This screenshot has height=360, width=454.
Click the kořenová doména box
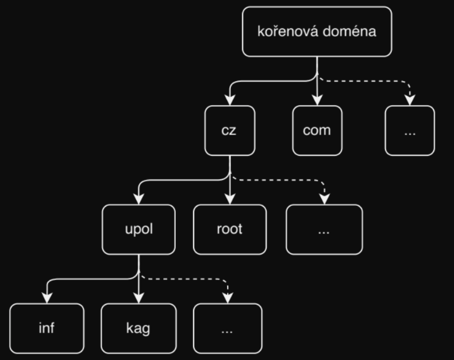317,32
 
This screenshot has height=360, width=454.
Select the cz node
229,130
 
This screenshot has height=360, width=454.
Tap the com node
317,130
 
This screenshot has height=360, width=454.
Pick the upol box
139,229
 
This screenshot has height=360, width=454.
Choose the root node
229,229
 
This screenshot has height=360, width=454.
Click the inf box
47,328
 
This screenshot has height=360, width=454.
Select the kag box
138,328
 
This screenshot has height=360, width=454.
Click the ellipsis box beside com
409,130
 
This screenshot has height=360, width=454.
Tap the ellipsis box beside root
324,229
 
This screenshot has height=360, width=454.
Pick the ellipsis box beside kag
228,328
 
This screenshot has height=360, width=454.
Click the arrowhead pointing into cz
229,101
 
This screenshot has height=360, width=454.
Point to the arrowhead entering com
317,101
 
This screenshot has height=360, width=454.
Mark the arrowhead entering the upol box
139,200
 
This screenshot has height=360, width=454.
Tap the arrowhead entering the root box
229,200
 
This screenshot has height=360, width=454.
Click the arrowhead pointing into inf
47,298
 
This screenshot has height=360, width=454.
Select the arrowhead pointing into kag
138,298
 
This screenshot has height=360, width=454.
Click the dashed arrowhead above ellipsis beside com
409,101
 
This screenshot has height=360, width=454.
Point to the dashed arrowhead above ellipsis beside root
324,200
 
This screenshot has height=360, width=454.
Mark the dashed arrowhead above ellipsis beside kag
228,298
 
